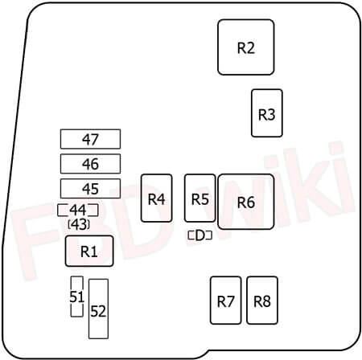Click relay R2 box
(246, 47)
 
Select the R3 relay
(267, 113)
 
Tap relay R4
(157, 198)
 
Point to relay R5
(200, 198)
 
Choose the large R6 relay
(246, 202)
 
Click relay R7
(225, 301)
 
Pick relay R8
(262, 301)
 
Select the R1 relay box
(89, 252)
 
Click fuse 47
(90, 139)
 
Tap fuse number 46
(90, 164)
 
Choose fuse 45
(90, 189)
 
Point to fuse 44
(78, 210)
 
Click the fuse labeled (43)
(79, 224)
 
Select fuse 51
(77, 297)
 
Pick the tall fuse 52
(98, 309)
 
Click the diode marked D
(200, 235)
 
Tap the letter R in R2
(241, 47)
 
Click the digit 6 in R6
(250, 202)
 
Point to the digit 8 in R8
(266, 301)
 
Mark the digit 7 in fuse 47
(95, 139)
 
